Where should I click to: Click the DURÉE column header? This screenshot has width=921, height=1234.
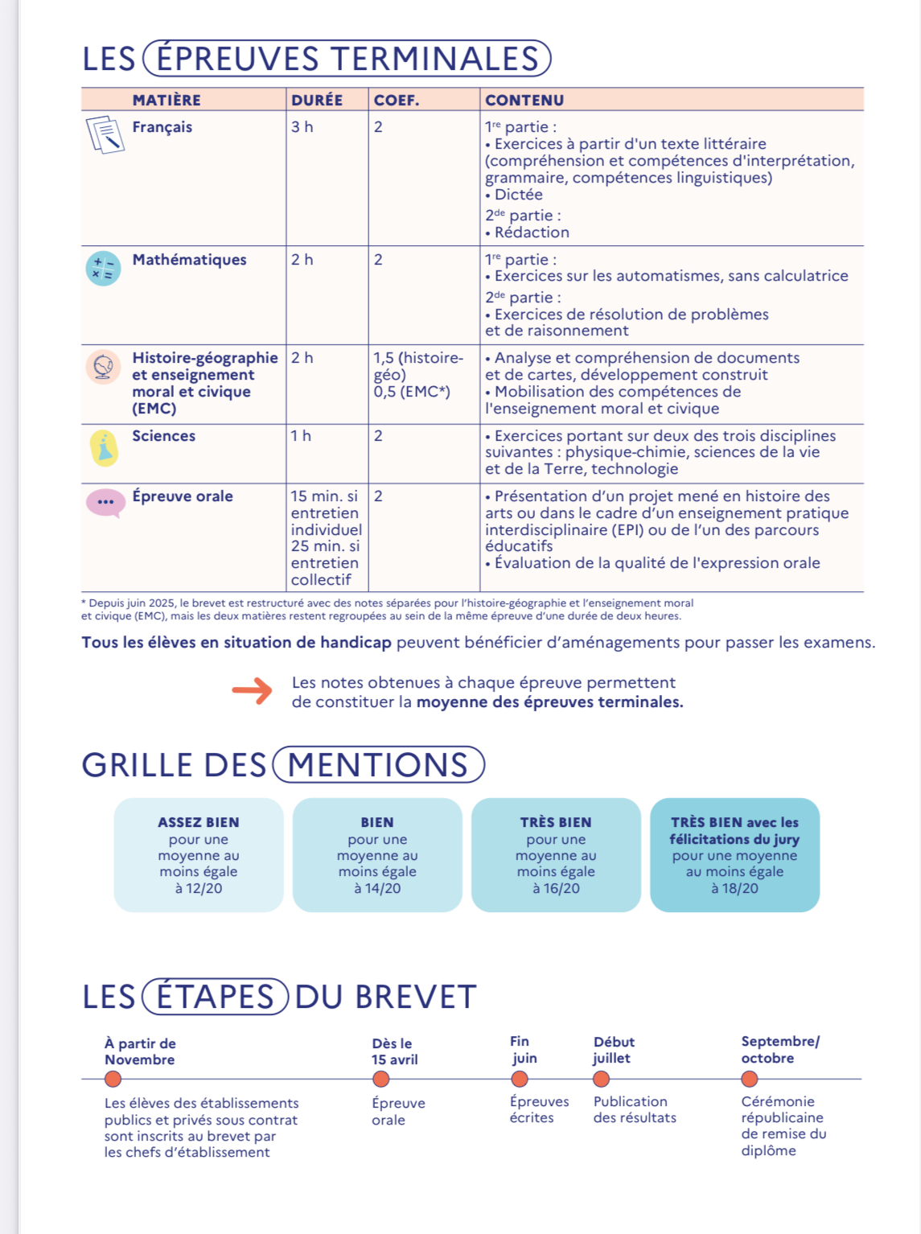pos(317,100)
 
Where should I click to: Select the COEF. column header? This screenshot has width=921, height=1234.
pos(396,100)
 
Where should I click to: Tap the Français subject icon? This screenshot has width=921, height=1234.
pos(105,134)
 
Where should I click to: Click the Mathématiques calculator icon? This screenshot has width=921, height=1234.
pos(103,269)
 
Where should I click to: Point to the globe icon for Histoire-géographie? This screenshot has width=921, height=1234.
pos(103,367)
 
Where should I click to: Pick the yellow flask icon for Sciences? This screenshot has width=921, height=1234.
pos(104,448)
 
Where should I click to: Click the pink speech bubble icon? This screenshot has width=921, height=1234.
pos(105,503)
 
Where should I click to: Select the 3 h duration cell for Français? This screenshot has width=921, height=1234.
pos(302,127)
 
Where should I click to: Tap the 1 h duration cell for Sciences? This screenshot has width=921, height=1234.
pos(301,436)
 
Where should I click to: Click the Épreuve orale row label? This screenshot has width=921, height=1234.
pos(183,496)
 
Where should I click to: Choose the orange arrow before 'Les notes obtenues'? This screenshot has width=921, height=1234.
pos(253,691)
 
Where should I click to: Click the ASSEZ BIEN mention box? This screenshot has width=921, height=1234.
pos(199,854)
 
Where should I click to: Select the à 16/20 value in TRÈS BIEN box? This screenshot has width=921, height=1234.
pos(556,888)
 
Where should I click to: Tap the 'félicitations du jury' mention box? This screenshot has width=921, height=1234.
pos(734,854)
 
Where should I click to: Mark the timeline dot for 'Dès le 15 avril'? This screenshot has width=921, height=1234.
pos(381,1079)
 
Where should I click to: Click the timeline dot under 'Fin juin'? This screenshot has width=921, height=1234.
pos(520,1079)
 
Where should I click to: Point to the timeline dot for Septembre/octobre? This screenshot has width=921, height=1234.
pos(750,1079)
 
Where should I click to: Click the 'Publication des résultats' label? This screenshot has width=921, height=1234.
pos(635,1109)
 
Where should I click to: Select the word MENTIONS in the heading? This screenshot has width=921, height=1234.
pos(378,764)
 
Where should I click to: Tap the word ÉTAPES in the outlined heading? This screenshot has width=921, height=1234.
pos(215,997)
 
